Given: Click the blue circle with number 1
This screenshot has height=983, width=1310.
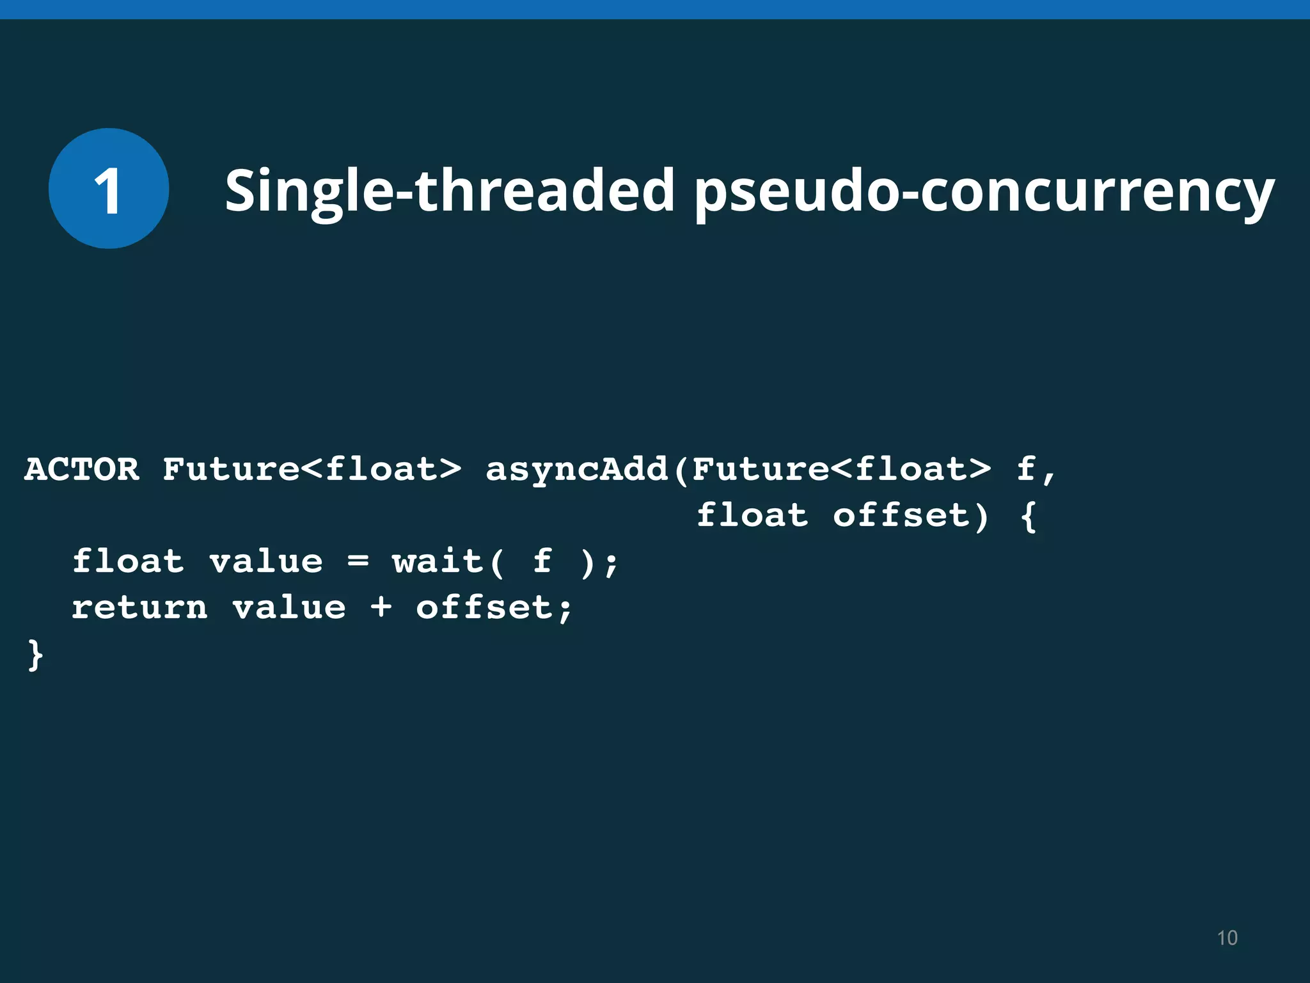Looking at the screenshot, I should [x=109, y=189].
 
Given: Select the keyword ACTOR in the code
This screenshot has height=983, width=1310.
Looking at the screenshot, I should [x=82, y=469].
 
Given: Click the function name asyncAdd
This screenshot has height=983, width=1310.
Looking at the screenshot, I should [x=576, y=470].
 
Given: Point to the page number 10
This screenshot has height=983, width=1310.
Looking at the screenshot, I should [x=1227, y=938].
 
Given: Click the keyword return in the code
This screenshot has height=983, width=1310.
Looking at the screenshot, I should [x=139, y=607].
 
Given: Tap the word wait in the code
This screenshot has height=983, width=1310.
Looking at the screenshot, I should [x=438, y=561].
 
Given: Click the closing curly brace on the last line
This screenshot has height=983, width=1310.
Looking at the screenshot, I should [x=35, y=655].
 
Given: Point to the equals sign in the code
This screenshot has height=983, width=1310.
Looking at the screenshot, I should [x=358, y=561].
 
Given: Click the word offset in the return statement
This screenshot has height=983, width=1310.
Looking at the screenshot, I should [x=484, y=607].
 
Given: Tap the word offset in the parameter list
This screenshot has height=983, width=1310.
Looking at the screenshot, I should [x=901, y=516].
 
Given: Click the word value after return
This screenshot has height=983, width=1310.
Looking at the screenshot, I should [x=289, y=607].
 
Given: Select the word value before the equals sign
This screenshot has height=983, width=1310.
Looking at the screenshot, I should [x=266, y=561].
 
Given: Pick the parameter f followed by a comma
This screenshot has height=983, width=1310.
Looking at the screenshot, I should [x=1026, y=469].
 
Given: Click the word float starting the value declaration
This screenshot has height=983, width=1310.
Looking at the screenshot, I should [x=128, y=561].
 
